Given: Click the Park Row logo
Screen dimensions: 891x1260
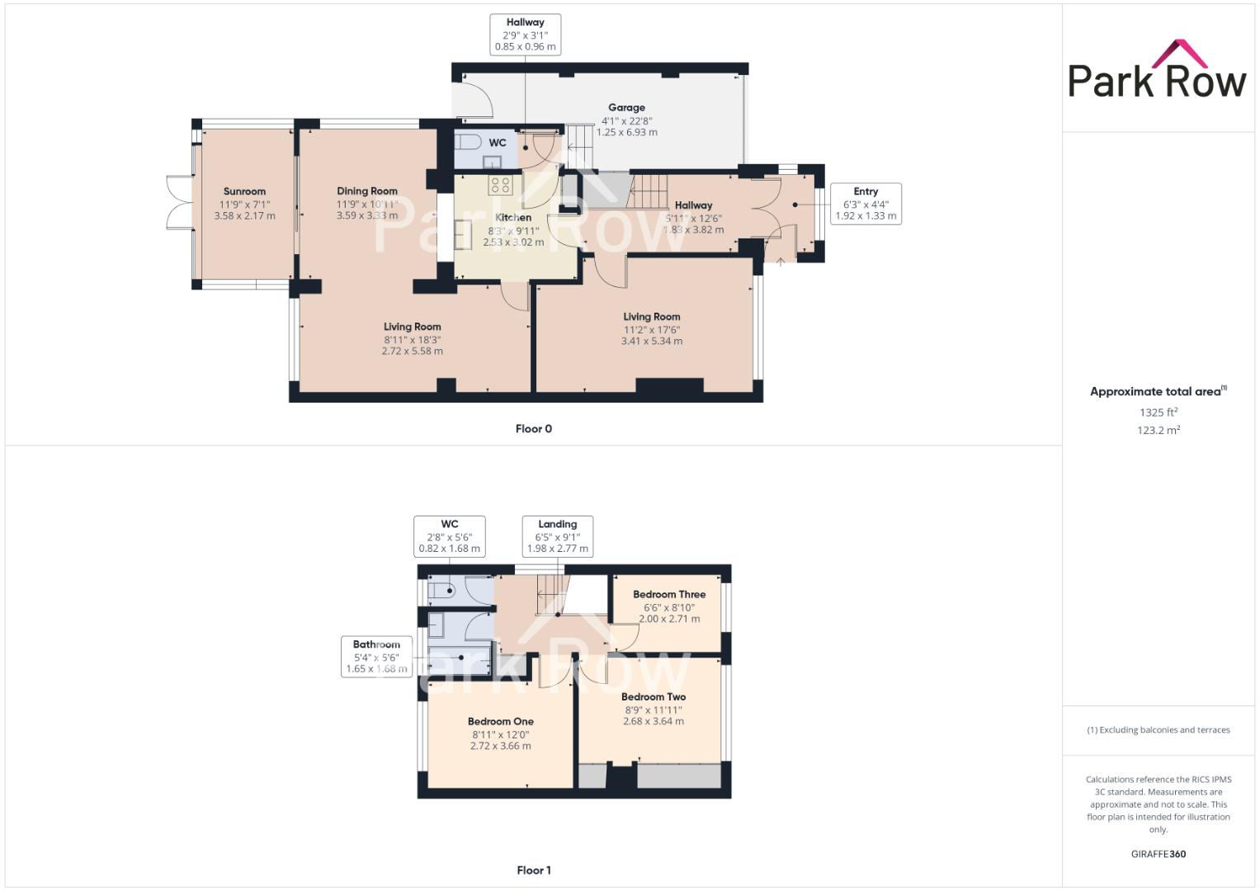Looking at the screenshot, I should tap(1157, 71).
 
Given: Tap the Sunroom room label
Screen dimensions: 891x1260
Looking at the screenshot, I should tap(244, 191).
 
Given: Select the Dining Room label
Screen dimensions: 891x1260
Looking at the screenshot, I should tap(367, 191).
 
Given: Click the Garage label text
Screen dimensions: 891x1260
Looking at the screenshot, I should tap(626, 107).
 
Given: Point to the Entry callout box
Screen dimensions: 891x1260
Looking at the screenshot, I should tap(866, 203).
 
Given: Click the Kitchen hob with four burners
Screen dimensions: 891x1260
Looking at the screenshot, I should tap(500, 185).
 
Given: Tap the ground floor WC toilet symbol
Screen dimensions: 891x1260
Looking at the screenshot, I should tap(468, 142).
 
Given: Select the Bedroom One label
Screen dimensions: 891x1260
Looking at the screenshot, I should tap(500, 721).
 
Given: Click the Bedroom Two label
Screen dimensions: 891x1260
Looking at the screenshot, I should tap(653, 697).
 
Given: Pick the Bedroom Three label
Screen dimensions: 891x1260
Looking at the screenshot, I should tap(668, 594).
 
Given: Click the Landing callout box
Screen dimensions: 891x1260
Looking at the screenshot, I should tap(558, 536).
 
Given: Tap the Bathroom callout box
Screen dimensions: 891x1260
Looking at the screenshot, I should tap(376, 657).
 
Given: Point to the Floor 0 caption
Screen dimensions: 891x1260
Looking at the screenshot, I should tap(533, 429).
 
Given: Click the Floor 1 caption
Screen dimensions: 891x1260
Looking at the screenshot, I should tap(533, 870).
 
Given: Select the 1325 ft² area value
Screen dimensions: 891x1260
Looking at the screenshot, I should tap(1158, 412).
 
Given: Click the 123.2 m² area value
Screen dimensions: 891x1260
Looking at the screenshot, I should tap(1158, 430).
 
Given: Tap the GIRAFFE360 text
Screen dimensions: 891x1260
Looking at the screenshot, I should tap(1158, 854).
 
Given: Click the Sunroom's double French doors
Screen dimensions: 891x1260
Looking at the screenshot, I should tap(180, 202).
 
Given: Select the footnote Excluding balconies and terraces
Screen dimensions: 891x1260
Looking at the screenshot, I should tap(1158, 730).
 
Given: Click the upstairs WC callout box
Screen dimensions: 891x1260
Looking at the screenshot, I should tap(450, 536).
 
